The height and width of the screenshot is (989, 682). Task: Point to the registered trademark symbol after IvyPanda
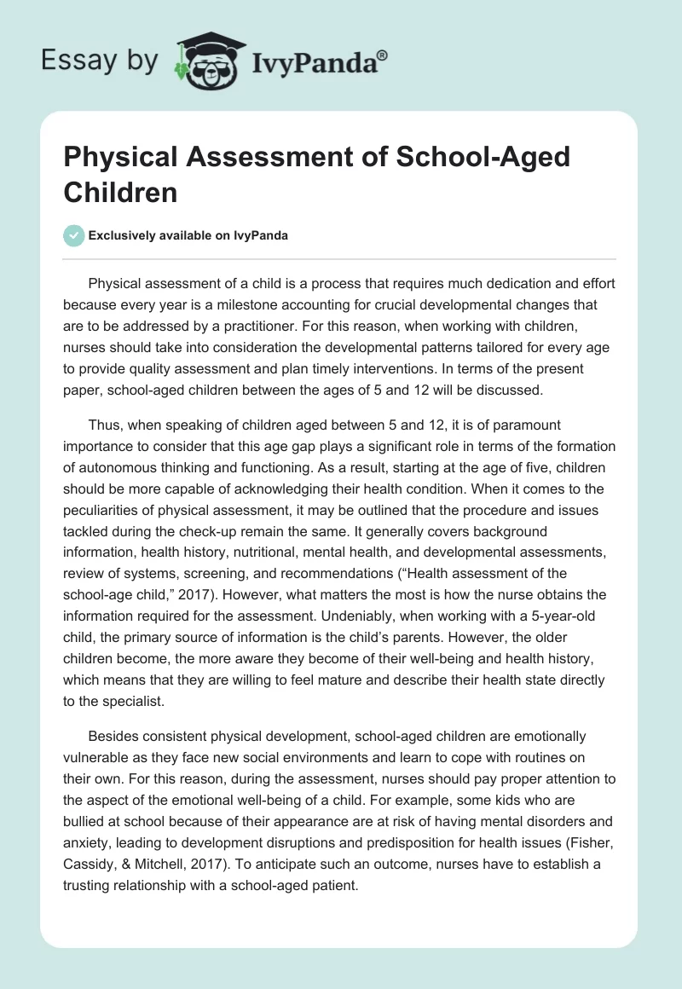click(382, 55)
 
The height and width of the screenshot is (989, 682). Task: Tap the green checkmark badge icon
click(75, 235)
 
